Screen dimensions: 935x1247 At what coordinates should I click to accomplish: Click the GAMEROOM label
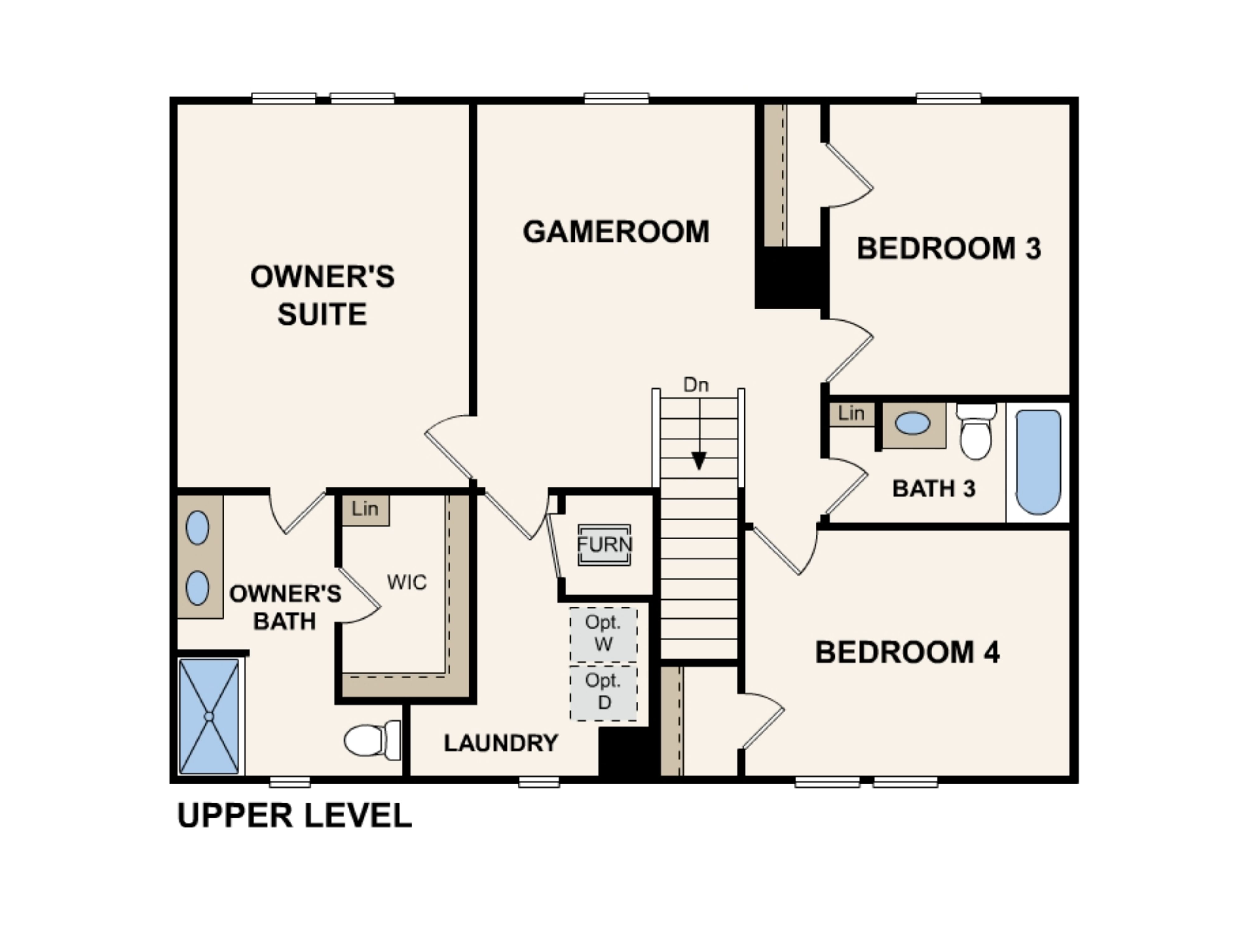[616, 232]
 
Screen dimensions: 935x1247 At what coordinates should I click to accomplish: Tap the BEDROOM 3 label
[948, 248]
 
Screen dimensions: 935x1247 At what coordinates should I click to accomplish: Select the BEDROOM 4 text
[907, 652]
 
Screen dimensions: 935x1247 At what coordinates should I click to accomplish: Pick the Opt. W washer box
[603, 634]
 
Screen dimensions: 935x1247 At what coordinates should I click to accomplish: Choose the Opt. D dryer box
[603, 693]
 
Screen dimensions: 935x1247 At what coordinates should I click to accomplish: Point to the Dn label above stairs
[696, 385]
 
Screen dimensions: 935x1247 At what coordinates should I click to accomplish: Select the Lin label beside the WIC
[365, 509]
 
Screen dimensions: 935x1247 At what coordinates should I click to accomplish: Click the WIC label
[407, 582]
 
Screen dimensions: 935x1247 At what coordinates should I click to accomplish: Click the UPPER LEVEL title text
[294, 816]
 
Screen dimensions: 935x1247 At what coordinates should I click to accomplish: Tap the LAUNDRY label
[501, 743]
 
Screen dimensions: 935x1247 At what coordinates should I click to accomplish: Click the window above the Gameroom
[616, 98]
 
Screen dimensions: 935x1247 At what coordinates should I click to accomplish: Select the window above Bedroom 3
[948, 98]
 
